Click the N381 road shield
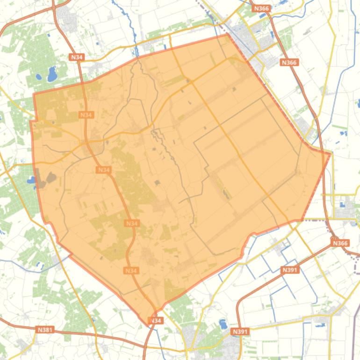click(45, 330)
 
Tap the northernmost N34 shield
click(76, 57)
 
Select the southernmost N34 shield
click(155, 320)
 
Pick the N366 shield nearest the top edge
click(261, 8)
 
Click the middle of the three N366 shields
click(289, 62)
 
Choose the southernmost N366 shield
click(340, 243)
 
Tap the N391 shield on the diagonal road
click(290, 270)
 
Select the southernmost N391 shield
click(240, 331)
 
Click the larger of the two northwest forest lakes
click(52, 73)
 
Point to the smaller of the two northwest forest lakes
click(38, 78)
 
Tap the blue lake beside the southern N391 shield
click(223, 324)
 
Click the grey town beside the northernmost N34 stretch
click(71, 19)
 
